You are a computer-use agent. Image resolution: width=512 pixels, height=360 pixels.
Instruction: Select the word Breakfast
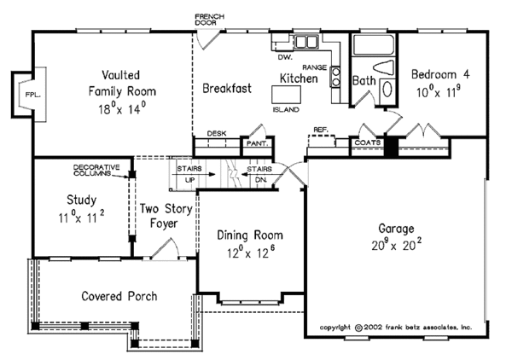click(x=226, y=88)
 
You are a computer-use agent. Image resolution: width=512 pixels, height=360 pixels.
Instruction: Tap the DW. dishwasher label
click(x=286, y=58)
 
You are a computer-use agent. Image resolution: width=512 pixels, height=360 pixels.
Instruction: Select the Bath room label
click(x=364, y=81)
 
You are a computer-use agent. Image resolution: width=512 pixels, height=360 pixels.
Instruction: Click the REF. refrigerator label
click(x=320, y=130)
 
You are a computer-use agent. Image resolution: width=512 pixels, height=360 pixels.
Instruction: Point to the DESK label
click(x=216, y=134)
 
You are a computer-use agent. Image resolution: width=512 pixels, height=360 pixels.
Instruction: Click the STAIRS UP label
click(x=189, y=175)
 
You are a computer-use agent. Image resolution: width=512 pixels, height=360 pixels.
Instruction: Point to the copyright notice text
click(x=395, y=327)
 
